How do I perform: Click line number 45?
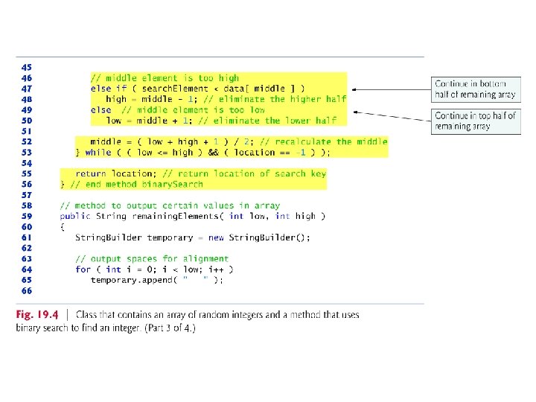coord(27,67)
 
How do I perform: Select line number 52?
coord(27,141)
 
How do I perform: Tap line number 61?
coord(27,237)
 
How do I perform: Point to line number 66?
coord(27,290)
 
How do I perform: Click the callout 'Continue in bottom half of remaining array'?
coord(475,89)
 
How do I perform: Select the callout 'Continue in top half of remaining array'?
coord(475,121)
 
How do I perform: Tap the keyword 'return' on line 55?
coord(90,173)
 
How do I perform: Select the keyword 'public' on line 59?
coord(75,216)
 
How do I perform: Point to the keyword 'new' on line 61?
coord(217,237)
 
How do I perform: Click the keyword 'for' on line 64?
coord(83,269)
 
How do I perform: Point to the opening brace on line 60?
coord(63,227)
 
